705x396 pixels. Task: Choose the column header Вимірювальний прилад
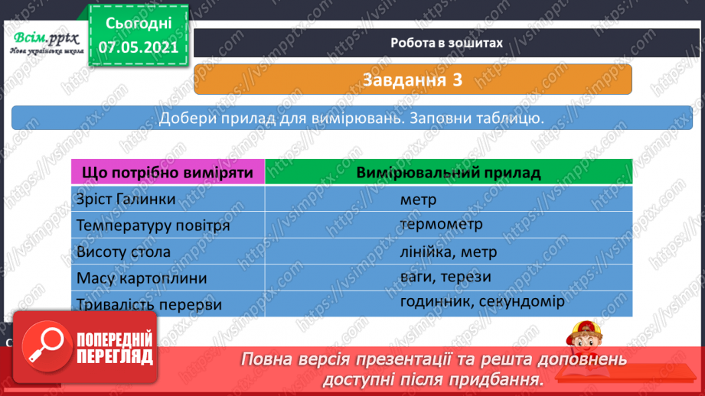(x=448, y=172)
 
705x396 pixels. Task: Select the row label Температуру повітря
(x=153, y=226)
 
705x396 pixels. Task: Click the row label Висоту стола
(x=123, y=252)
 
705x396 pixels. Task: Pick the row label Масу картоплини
(x=142, y=278)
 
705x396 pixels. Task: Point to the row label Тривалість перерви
(x=149, y=304)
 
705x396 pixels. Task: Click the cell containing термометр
(x=440, y=224)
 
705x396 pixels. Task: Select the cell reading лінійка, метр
(x=448, y=251)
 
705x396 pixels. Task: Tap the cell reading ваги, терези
(x=445, y=276)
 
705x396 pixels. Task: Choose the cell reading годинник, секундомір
(x=481, y=301)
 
